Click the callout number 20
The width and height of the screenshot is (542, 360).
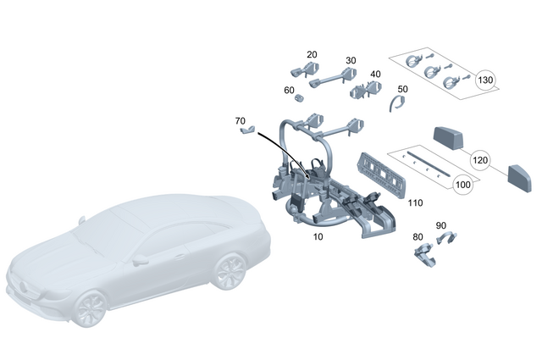(312, 54)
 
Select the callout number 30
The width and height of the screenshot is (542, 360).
(350, 61)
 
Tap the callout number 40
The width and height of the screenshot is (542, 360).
(375, 75)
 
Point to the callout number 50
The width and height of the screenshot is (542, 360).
(402, 89)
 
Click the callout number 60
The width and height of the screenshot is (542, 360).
(289, 90)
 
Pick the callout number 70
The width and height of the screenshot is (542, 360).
(241, 121)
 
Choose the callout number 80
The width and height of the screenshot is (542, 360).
(418, 236)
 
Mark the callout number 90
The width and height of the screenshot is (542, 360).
(440, 225)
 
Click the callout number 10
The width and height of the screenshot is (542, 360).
(318, 237)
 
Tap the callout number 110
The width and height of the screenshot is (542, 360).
(415, 203)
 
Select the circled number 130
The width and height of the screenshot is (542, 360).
(485, 81)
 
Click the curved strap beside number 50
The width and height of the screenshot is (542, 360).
(394, 106)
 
